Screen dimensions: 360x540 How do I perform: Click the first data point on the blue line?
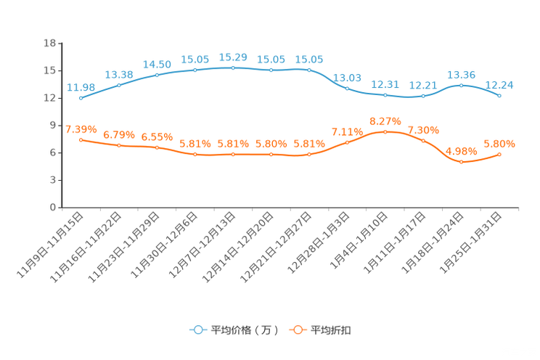pos(80,98)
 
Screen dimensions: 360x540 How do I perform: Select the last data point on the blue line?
pos(500,96)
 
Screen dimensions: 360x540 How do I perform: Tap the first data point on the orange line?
pos(80,139)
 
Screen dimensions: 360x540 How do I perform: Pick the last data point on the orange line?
pos(500,154)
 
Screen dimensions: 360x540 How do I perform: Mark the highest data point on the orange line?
pos(385,131)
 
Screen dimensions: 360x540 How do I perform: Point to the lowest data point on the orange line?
pos(462,162)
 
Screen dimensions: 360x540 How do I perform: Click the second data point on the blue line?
pos(118,85)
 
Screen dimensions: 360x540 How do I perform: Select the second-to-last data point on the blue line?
pos(462,85)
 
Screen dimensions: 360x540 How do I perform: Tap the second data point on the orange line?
pos(118,146)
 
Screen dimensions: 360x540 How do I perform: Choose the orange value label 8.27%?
pos(385,120)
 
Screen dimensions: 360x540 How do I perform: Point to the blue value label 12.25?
pos(500,85)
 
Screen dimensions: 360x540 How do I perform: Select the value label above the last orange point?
pos(499,143)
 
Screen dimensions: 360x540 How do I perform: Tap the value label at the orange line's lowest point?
pos(462,151)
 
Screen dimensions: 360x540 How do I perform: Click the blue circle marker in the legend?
pos(197,330)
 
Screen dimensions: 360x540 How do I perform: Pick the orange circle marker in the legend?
pos(297,330)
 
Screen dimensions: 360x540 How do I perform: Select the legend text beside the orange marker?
pos(332,330)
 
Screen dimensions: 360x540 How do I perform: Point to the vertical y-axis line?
pos(59,123)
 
